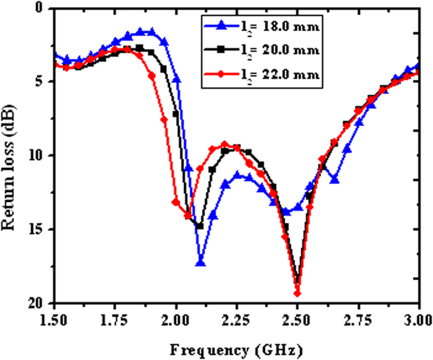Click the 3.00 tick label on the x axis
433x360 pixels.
coord(417,319)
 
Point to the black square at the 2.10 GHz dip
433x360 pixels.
coord(200,226)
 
